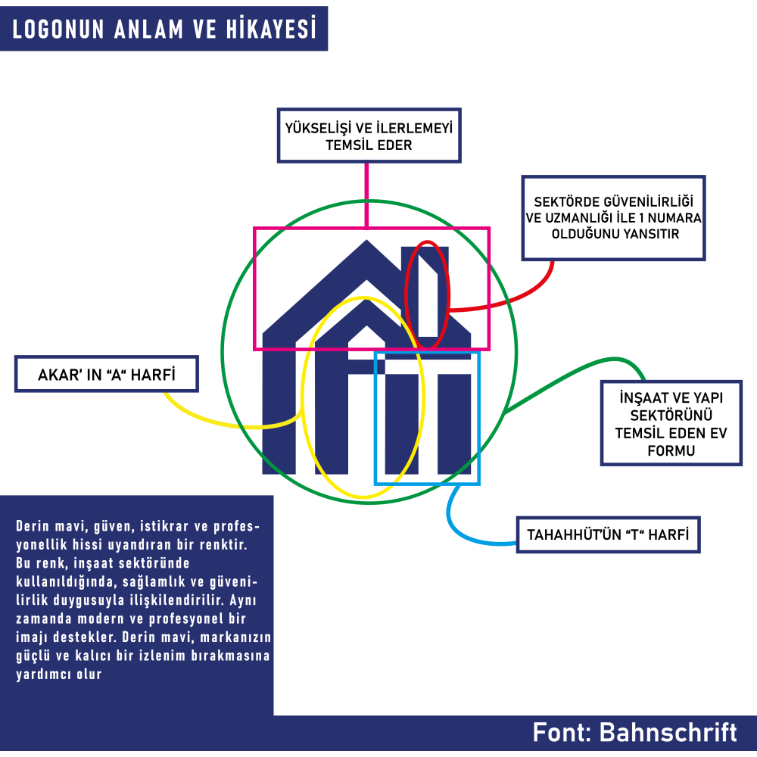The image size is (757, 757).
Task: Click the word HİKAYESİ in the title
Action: click(272, 29)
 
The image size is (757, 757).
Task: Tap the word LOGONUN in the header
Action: click(58, 29)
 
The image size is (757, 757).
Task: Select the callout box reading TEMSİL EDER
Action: click(369, 136)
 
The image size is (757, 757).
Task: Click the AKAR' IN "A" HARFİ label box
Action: click(107, 374)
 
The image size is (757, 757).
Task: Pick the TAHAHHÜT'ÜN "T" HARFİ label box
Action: click(609, 535)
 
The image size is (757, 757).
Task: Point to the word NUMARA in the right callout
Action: click(674, 218)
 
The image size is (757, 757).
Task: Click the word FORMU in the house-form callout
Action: click(671, 450)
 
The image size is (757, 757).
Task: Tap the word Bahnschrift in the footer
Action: click(668, 732)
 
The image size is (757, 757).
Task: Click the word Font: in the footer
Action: click(562, 732)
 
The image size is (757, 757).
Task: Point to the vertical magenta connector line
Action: click(367, 195)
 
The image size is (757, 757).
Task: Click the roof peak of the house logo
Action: click(366, 241)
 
